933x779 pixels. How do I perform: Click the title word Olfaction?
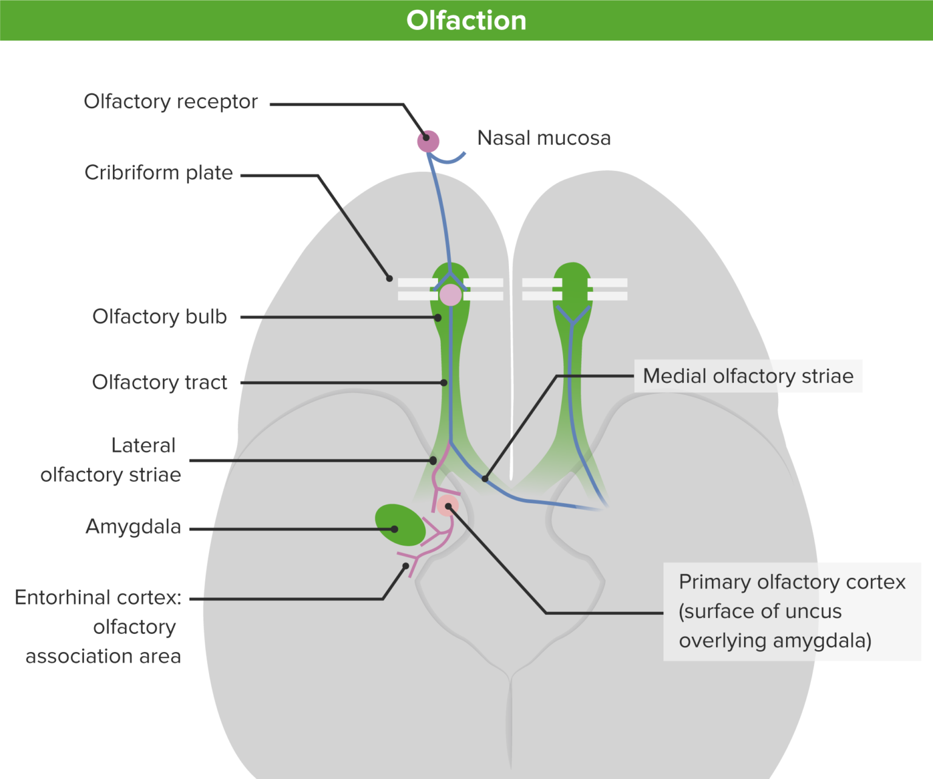click(466, 21)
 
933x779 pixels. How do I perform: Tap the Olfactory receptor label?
click(171, 101)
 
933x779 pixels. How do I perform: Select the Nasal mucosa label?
click(544, 138)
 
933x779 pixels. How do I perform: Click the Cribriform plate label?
click(159, 173)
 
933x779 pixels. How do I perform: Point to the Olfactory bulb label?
click(159, 317)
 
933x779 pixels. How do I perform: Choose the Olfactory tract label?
click(159, 382)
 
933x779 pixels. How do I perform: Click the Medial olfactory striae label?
click(748, 376)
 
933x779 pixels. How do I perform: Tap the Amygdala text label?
click(133, 526)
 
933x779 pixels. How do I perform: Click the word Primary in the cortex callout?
click(714, 582)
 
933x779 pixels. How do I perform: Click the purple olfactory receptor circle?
click(428, 142)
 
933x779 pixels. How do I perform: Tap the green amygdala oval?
click(399, 525)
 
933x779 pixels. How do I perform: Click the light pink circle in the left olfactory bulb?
click(450, 295)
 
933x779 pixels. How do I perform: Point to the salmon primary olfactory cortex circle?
click(448, 506)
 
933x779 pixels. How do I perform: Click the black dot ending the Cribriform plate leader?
click(389, 278)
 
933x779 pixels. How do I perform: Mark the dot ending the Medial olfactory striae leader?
click(485, 479)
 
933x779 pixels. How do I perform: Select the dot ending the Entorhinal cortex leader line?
click(406, 566)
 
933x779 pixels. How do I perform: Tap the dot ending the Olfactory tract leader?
click(444, 383)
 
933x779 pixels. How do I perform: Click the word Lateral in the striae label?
click(143, 445)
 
